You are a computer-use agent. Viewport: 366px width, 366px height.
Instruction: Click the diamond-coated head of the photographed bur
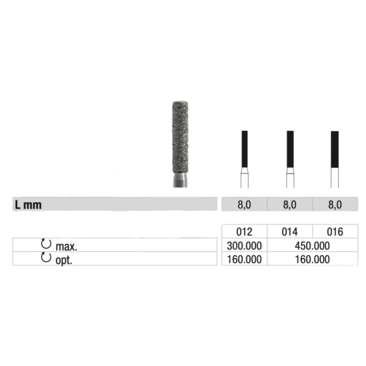tap(180, 138)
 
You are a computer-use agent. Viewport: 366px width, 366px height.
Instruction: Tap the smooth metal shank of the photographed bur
tap(180, 181)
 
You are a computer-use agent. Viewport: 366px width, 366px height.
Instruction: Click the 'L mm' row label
tap(28, 205)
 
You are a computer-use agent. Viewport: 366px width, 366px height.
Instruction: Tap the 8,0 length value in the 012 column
tap(244, 205)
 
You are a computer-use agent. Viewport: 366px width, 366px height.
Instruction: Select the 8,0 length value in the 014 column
tap(290, 205)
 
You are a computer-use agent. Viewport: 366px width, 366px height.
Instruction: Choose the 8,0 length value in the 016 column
tap(335, 205)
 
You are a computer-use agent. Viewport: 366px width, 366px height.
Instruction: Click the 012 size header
tap(244, 232)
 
